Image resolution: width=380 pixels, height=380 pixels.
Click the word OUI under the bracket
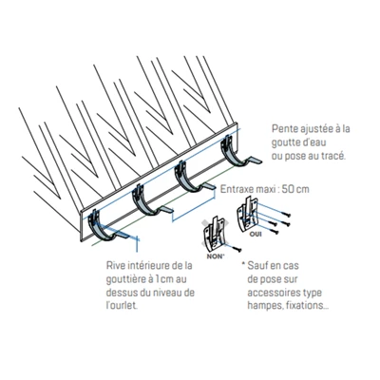point(256,235)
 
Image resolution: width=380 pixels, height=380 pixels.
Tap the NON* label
point(216,256)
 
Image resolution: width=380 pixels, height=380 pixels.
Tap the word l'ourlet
point(123,306)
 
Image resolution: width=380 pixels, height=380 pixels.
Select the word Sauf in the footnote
point(258,265)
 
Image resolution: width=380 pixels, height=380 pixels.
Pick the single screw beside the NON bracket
point(235,248)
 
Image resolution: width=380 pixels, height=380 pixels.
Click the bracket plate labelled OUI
point(248,215)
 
